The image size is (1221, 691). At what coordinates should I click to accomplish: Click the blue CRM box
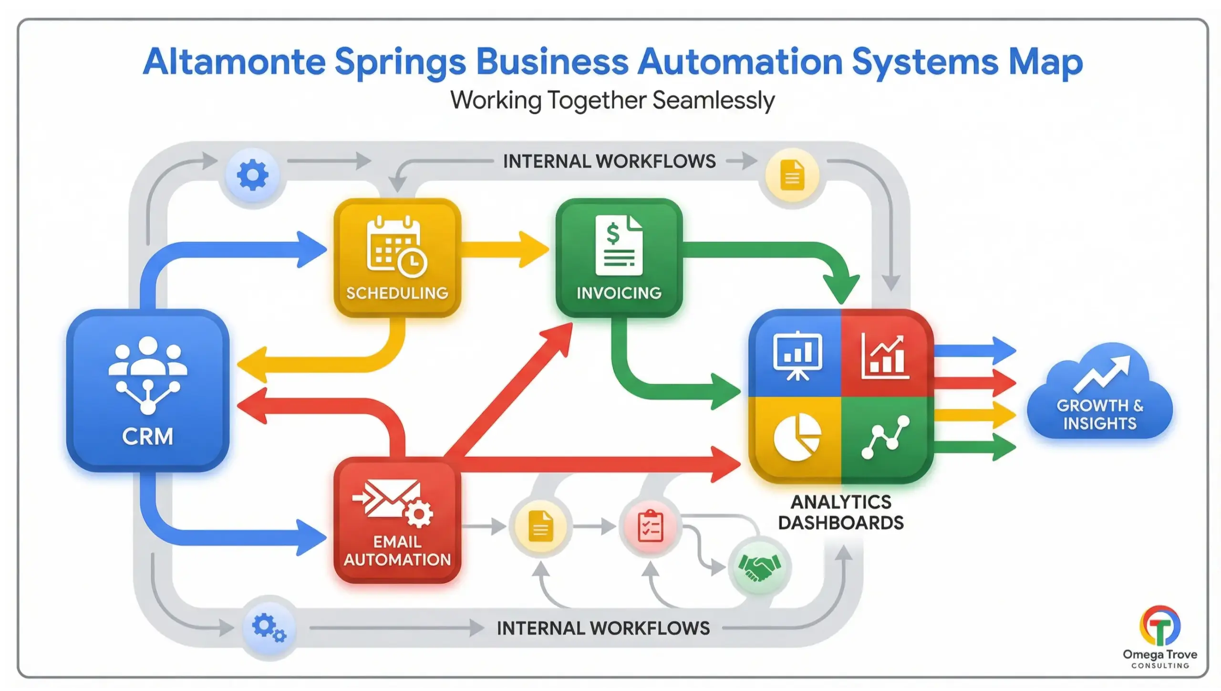click(147, 390)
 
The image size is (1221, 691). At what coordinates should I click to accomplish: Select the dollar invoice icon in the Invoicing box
click(619, 245)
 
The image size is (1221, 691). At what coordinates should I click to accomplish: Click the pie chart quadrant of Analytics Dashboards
click(796, 437)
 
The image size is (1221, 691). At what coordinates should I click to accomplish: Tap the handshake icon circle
click(759, 566)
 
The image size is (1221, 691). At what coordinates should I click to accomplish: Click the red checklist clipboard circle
click(650, 526)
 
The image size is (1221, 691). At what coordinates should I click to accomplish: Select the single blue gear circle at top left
click(253, 175)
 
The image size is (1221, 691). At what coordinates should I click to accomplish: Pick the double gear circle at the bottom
click(269, 627)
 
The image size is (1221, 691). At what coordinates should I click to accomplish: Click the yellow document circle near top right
click(792, 175)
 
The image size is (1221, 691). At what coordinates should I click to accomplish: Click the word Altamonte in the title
click(234, 62)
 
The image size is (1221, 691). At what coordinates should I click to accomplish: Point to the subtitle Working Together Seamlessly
click(612, 101)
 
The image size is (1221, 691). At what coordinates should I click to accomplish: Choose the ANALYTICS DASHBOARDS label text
click(841, 513)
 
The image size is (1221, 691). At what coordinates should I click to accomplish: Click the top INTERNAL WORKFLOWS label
click(609, 161)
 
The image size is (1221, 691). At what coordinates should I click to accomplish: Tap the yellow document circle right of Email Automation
click(540, 526)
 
